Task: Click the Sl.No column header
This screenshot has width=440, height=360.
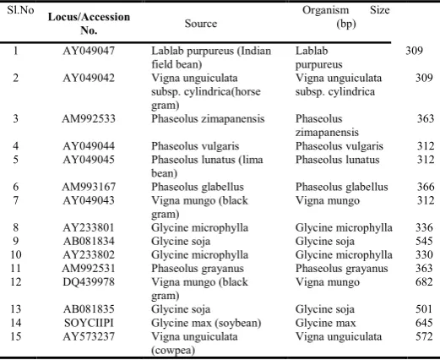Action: (20, 10)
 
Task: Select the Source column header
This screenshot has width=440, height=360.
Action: (201, 24)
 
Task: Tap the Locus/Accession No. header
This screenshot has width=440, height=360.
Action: (89, 24)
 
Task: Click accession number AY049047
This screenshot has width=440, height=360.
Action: (89, 51)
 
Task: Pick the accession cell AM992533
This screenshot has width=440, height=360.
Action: (89, 118)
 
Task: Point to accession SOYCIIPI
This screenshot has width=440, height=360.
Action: (89, 323)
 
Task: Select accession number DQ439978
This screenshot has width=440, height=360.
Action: (89, 282)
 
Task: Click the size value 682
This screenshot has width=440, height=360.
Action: (424, 282)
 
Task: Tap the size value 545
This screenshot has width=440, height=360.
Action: (424, 241)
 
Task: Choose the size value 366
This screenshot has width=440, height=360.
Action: (426, 187)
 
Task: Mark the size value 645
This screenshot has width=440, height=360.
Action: (424, 323)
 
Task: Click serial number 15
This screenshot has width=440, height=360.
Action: (16, 336)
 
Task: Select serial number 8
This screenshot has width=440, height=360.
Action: (16, 227)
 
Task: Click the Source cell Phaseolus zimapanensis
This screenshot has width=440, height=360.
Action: (208, 119)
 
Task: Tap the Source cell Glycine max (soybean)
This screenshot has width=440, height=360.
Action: (206, 323)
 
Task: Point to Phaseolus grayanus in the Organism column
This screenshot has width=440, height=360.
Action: (341, 269)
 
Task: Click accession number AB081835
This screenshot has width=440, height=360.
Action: (89, 309)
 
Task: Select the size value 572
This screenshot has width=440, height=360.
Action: (424, 336)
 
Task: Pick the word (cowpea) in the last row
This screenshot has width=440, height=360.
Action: (173, 351)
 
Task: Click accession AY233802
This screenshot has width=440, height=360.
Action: (89, 254)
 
